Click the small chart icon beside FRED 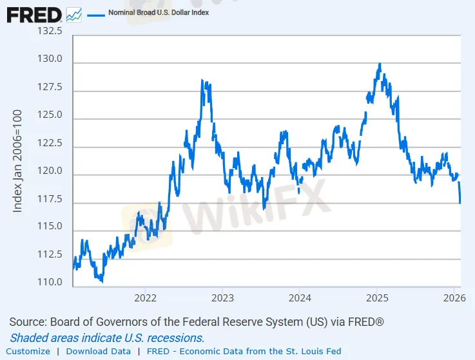pyautogui.click(x=73, y=14)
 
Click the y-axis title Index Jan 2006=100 pyautogui.click(x=18, y=161)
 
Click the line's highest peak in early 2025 pyautogui.click(x=380, y=64)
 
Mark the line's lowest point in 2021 pyautogui.click(x=101, y=281)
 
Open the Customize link pyautogui.click(x=28, y=351)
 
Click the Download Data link pyautogui.click(x=98, y=351)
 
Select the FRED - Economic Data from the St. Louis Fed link pyautogui.click(x=253, y=351)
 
